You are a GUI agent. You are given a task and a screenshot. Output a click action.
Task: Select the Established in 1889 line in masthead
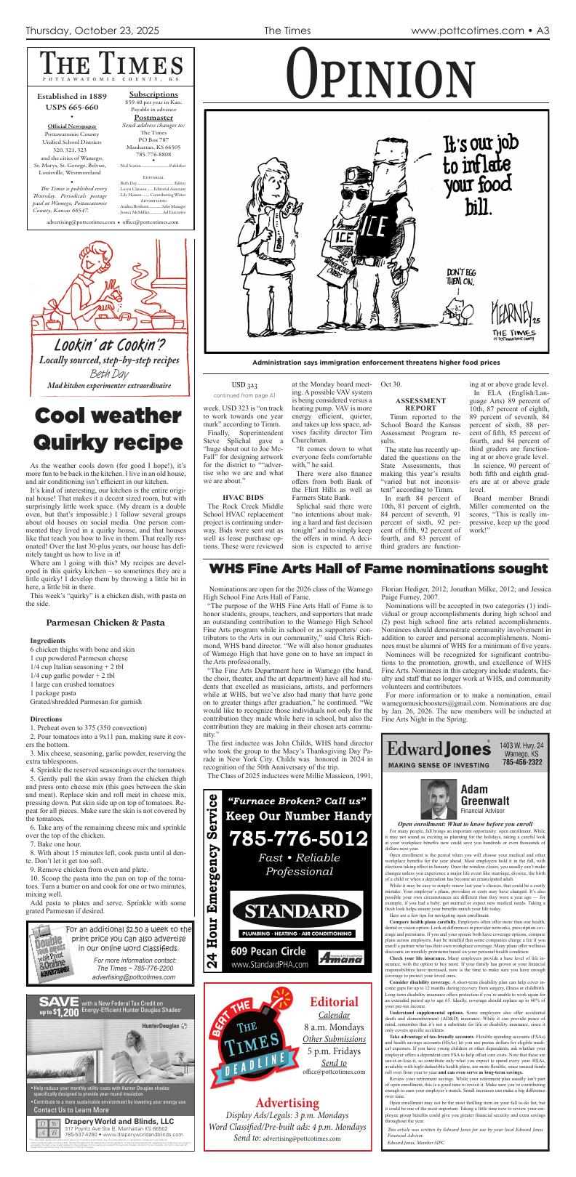coord(72,95)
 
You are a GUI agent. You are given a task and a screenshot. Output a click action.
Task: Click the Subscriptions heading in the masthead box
coord(153,94)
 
